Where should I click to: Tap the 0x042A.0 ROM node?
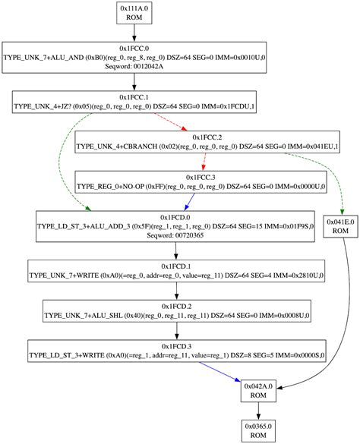(x=258, y=391)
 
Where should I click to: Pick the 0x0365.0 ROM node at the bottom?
(x=258, y=430)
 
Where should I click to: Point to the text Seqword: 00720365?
(x=176, y=235)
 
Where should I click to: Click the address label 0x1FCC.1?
(x=134, y=97)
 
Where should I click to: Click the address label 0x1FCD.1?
(x=176, y=266)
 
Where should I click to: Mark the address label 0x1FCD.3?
(x=176, y=345)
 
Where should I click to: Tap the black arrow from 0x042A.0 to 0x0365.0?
(x=258, y=411)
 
